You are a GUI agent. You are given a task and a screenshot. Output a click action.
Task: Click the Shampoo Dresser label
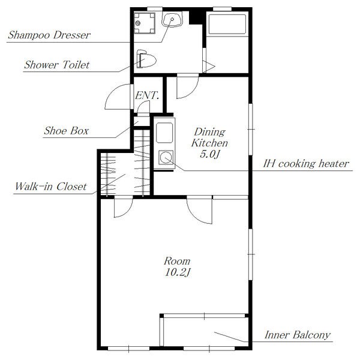point(49,35)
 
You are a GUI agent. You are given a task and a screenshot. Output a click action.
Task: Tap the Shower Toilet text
point(57,65)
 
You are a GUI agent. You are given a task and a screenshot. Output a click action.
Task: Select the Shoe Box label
point(67,131)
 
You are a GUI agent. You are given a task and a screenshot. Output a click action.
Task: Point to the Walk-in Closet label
point(51,187)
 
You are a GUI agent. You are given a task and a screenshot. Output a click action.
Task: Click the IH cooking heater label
point(306,164)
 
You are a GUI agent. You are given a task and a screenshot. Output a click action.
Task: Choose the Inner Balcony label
point(298,335)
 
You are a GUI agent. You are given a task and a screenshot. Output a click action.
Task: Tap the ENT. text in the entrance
point(147,95)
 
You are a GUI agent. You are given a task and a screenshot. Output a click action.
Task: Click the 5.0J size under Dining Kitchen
point(210,154)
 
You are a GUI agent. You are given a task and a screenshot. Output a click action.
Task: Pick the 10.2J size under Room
point(177,272)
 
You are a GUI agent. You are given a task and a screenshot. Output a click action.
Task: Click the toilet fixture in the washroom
point(146,59)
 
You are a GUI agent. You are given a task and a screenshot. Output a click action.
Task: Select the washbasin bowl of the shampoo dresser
point(172,19)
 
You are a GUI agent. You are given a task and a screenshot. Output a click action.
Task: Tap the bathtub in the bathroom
point(227,25)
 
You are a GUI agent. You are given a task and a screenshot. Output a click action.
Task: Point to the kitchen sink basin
point(164,133)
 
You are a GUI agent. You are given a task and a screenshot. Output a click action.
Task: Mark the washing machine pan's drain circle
point(138,23)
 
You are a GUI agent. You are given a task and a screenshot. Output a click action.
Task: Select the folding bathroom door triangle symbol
point(209,67)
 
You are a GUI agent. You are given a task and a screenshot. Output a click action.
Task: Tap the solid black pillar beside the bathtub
point(196,17)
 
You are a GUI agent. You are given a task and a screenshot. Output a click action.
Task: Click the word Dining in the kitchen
point(209,132)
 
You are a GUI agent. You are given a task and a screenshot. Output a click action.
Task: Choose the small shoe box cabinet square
point(142,121)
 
